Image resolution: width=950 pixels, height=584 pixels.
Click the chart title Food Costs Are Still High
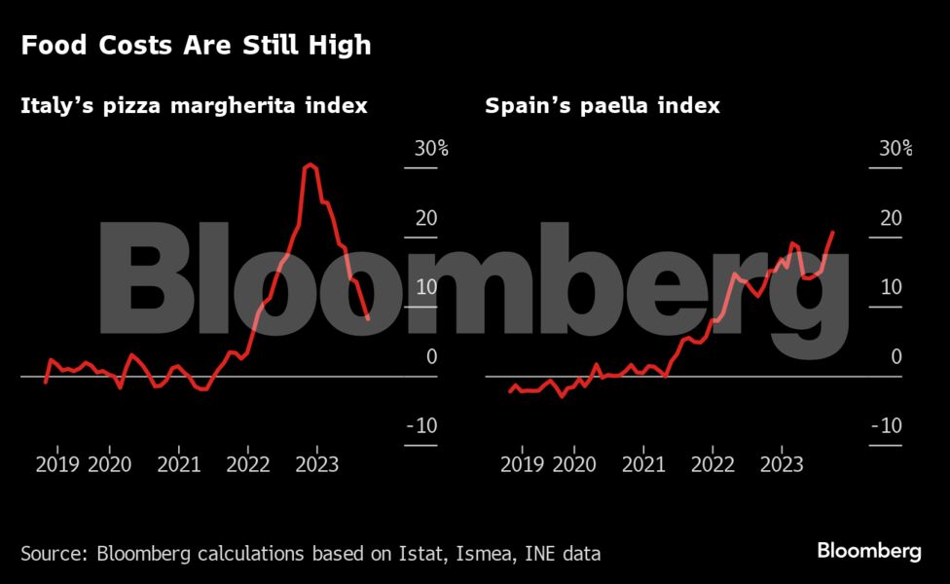[x=196, y=46]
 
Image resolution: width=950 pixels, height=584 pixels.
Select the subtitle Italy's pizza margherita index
[x=194, y=105]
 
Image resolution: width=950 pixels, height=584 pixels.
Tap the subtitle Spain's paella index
[x=603, y=105]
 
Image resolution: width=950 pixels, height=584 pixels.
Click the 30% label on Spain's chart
[x=895, y=149]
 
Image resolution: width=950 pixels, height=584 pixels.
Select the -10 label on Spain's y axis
[x=889, y=426]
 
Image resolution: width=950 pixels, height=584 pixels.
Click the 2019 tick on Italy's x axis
[x=57, y=465]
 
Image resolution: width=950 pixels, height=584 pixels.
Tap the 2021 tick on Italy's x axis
[x=179, y=465]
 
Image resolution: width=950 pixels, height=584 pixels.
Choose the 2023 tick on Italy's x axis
[x=316, y=465]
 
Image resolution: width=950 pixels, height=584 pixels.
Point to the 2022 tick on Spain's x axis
[x=712, y=465]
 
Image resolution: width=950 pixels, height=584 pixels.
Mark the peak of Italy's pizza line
[x=310, y=164]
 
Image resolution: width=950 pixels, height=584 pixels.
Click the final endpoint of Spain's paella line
[x=833, y=232]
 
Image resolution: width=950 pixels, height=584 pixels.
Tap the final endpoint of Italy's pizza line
[x=368, y=318]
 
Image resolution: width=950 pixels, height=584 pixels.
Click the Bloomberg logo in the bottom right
[x=868, y=551]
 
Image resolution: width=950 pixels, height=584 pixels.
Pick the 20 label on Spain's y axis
[x=891, y=218]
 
